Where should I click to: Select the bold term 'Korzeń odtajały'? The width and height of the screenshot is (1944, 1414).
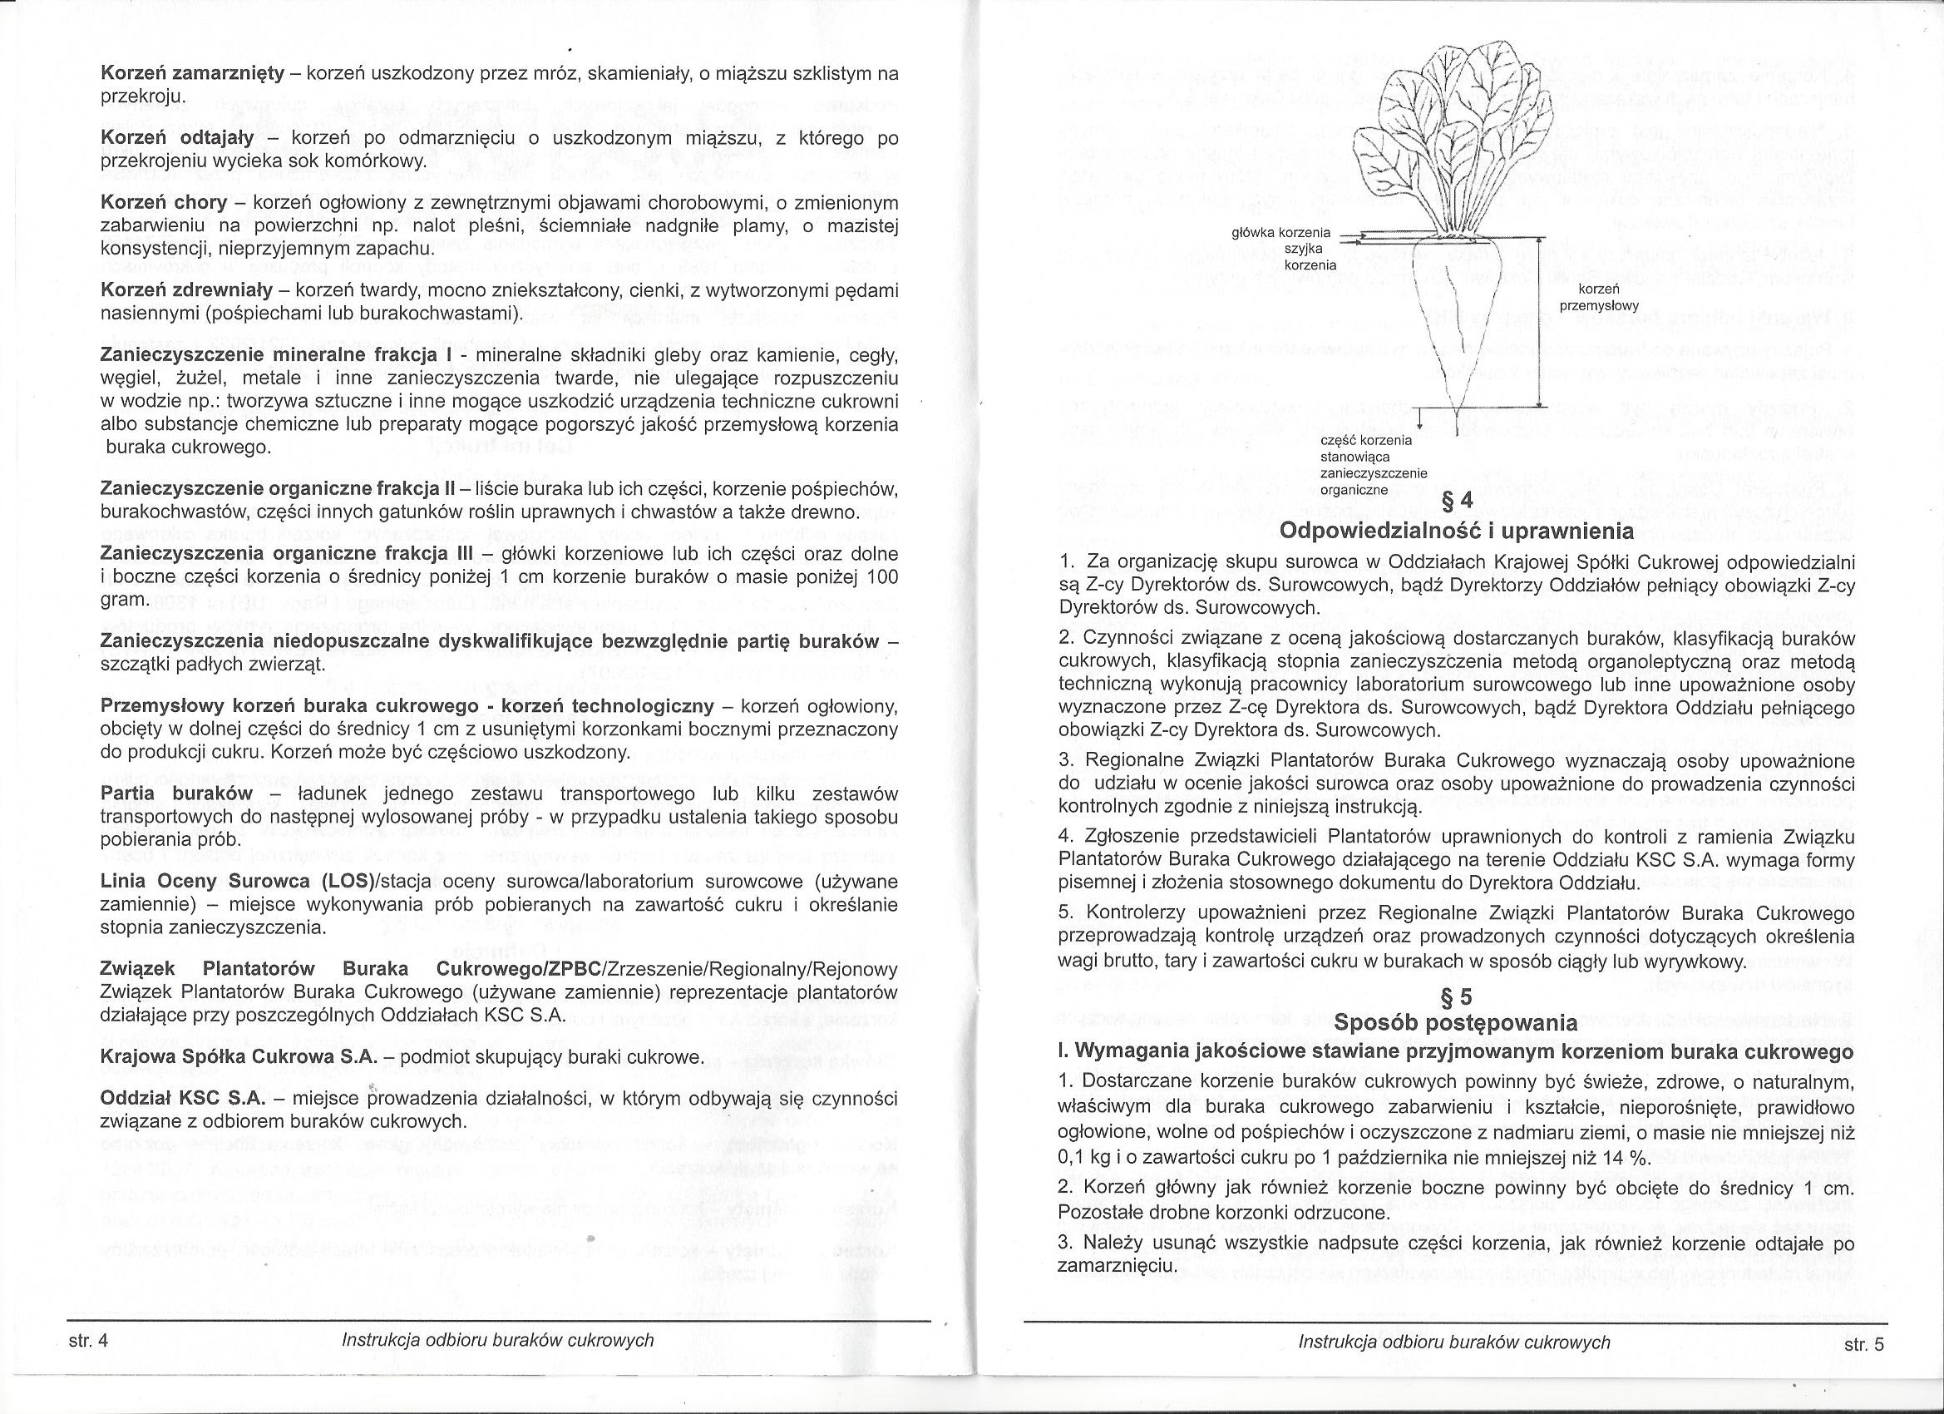176,139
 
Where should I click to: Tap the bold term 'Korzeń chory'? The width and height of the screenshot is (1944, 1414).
164,203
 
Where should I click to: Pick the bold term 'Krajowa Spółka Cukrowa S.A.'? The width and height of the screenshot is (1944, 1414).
239,1058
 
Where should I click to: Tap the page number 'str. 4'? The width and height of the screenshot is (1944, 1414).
89,1341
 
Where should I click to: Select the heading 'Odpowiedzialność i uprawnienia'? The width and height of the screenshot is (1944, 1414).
1456,531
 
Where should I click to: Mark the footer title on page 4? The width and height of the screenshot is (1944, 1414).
497,1340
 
